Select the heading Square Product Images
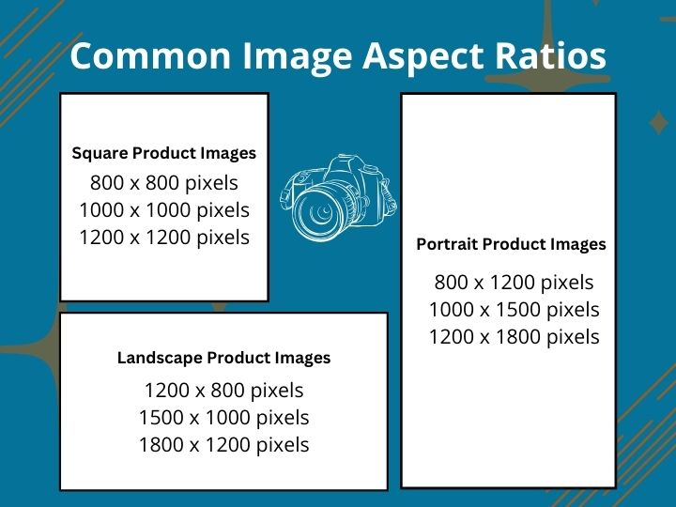pyautogui.click(x=163, y=153)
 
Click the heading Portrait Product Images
pyautogui.click(x=511, y=244)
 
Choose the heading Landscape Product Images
pyautogui.click(x=223, y=358)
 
